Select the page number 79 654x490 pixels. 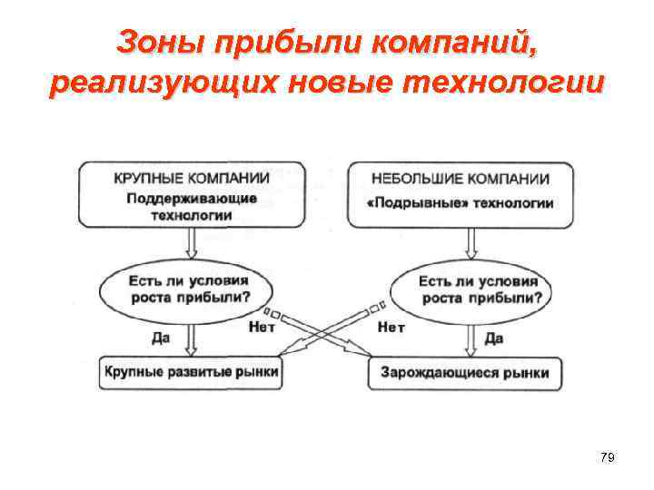tap(608, 458)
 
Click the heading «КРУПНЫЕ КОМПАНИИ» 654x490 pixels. tap(192, 177)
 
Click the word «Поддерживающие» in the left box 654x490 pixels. tap(191, 198)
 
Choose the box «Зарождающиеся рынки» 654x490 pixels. tap(465, 373)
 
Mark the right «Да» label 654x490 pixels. tap(494, 338)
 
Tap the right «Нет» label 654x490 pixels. tap(391, 328)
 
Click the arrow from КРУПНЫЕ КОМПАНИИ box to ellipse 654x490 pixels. tap(189, 242)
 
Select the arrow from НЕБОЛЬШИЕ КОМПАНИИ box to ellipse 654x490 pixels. tap(471, 242)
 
